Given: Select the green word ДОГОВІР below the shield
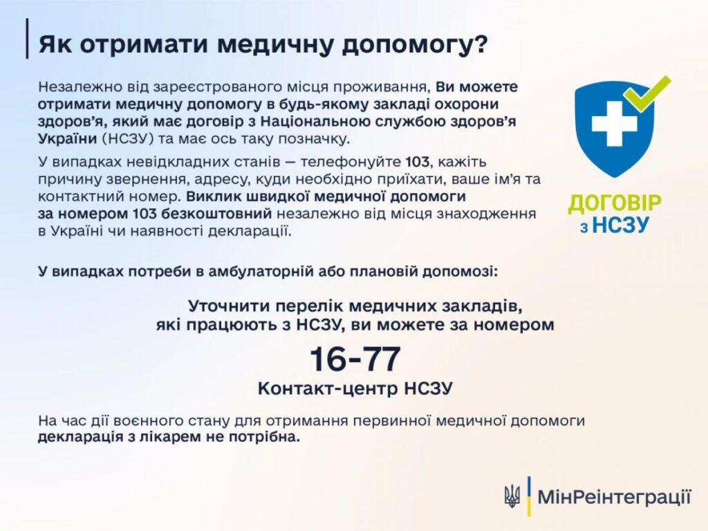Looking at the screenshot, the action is click(615, 204).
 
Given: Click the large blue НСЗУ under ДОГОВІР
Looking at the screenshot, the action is click(620, 225).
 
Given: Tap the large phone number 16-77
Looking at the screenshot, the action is click(355, 359).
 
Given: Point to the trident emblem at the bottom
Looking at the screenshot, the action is click(512, 496).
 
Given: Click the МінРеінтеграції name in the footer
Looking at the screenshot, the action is click(615, 496).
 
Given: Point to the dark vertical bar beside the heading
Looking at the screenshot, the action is click(27, 39).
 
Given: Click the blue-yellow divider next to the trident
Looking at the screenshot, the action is click(529, 496).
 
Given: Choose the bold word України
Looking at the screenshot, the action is click(68, 138).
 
